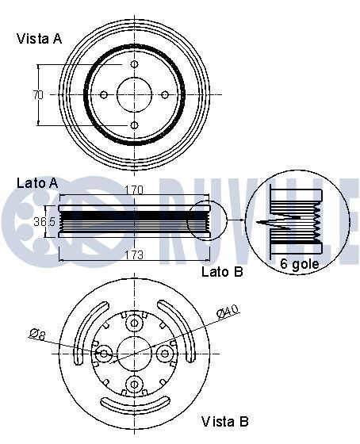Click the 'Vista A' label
tap(39, 38)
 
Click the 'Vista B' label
tap(224, 421)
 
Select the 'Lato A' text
tap(37, 183)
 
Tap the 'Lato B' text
tap(222, 272)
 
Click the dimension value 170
tap(134, 189)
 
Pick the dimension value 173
tap(134, 255)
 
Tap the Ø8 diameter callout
tap(37, 335)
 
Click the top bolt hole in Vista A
tap(134, 64)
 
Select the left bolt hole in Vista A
tap(103, 95)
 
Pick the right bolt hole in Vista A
tap(165, 95)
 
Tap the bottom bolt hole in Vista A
tap(134, 125)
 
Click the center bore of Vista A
tap(134, 95)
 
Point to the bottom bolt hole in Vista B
tap(134, 385)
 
